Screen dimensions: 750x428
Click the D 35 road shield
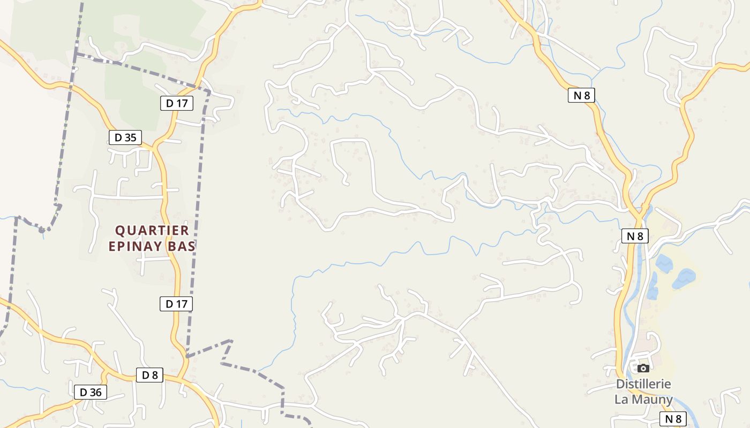[x=125, y=137]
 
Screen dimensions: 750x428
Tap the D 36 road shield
[x=91, y=392]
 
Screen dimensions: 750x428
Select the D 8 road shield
[x=150, y=375]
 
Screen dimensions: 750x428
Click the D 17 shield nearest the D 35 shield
[x=177, y=103]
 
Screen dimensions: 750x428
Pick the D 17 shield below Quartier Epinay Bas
[x=176, y=304]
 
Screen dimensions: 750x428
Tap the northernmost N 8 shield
[x=581, y=95]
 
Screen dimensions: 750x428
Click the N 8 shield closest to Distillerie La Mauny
[x=673, y=419]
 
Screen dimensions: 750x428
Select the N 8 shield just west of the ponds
[x=635, y=236]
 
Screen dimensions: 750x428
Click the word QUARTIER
[x=153, y=231]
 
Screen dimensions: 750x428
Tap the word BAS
[x=182, y=246]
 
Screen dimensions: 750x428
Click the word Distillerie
[x=643, y=384]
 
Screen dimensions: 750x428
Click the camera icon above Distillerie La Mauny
[x=643, y=368]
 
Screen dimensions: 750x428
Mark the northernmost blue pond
[x=664, y=263]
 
